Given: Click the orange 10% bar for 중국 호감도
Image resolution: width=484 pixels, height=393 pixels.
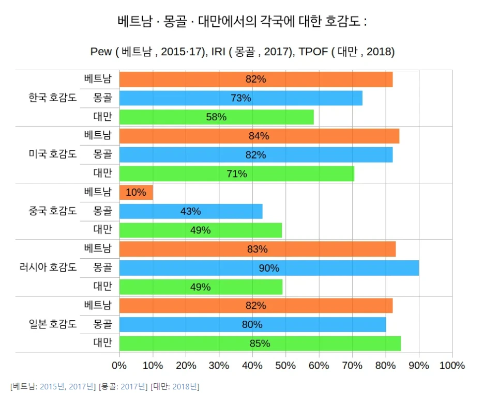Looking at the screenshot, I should (x=136, y=193).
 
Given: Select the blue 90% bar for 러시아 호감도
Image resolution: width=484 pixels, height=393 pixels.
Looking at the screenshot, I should (x=269, y=268).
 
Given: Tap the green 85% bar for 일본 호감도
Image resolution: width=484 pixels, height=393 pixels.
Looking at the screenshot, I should (x=260, y=343).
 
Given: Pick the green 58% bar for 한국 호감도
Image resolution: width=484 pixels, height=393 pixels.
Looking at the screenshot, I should (x=216, y=117).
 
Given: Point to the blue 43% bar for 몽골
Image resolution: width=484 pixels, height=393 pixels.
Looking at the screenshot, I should (x=191, y=211).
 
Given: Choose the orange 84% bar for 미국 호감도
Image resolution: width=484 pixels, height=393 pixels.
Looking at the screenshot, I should (x=259, y=136).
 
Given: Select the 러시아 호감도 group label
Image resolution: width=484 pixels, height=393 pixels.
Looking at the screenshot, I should (x=48, y=268).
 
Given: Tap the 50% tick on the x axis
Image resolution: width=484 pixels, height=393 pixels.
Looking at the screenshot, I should (x=286, y=366).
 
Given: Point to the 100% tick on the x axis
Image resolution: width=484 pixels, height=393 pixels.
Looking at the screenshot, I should (x=452, y=366).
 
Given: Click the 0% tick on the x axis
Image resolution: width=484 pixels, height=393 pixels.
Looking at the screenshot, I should (x=119, y=366).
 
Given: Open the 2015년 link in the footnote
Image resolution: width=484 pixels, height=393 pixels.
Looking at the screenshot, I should (x=52, y=386).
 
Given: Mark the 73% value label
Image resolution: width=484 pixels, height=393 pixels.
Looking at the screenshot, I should (x=241, y=98).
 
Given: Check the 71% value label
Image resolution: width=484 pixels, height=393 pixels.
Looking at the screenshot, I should (x=237, y=174).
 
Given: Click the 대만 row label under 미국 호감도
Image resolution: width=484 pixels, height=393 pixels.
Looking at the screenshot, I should (x=102, y=173).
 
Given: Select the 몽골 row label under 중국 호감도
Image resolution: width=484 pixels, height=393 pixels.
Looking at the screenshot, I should (x=102, y=211).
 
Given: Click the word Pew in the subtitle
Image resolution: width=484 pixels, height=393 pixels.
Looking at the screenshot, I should (x=101, y=52).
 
